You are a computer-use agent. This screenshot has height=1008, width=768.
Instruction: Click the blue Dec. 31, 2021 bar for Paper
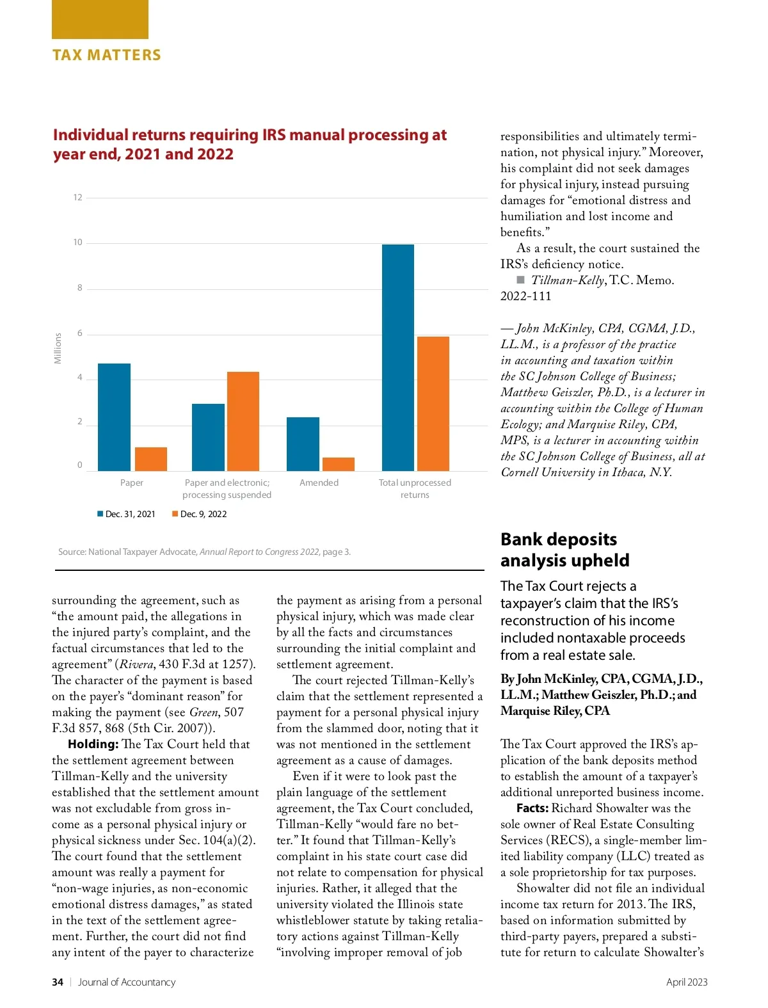coord(114,417)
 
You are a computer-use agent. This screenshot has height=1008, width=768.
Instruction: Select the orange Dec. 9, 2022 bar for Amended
coord(338,465)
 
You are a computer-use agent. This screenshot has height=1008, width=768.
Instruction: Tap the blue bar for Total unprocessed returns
coord(397,358)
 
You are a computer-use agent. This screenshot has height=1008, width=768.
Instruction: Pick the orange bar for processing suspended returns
coord(243,421)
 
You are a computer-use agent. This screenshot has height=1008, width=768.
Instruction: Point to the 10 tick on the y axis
coord(77,243)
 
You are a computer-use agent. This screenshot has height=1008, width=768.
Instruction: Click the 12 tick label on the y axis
coord(77,198)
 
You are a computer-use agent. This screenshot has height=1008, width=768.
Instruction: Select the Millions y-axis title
coord(58,348)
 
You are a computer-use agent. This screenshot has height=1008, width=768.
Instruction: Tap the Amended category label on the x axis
coord(319,483)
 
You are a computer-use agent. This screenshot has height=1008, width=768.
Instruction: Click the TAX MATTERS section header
coord(107,55)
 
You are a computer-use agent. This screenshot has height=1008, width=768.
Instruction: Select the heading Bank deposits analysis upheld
coord(564,550)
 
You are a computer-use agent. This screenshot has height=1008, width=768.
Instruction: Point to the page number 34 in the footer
coord(58,982)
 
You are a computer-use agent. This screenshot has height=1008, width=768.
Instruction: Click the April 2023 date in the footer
coord(686,982)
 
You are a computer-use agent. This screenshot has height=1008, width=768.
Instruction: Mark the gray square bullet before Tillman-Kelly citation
coord(520,280)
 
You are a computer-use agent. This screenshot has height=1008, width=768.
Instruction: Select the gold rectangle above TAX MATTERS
coord(100,19)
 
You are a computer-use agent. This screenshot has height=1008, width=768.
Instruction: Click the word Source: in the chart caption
coord(72,552)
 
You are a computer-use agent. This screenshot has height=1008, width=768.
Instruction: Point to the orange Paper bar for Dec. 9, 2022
coord(150,459)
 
